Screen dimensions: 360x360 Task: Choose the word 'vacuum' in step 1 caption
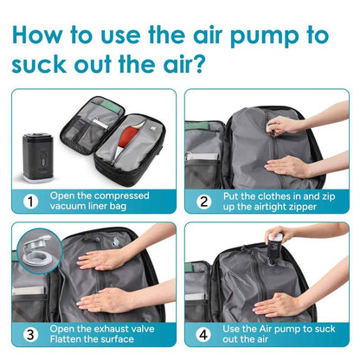point(67,208)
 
